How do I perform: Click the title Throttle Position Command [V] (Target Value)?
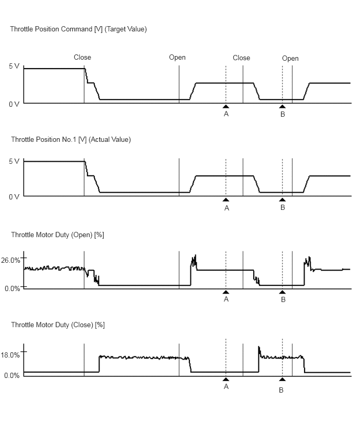pos(78,29)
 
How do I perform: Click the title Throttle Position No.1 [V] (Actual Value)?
pos(71,140)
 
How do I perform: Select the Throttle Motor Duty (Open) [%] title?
pos(58,235)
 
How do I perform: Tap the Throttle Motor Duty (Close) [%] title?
pos(58,325)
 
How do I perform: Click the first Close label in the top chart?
pos(82,58)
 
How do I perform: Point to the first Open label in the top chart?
pos(177,58)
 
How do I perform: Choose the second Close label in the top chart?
pos(241,58)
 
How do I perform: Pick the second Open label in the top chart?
pos(290,59)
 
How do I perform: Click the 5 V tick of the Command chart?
pos(14,66)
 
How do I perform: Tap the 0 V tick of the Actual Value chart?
pos(14,197)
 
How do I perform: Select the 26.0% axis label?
pos(12,260)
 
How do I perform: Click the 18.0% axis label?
pos(12,355)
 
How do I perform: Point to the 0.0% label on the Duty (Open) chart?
pos(12,288)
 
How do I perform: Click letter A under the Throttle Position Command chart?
pos(226,114)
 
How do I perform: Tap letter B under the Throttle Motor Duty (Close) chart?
pos(281,391)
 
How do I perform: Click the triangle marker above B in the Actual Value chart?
pos(283,199)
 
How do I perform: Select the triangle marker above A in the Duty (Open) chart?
pos(226,292)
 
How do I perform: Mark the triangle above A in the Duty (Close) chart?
pos(226,379)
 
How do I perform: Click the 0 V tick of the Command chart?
pos(14,104)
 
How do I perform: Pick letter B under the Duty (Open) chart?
pos(283,300)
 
